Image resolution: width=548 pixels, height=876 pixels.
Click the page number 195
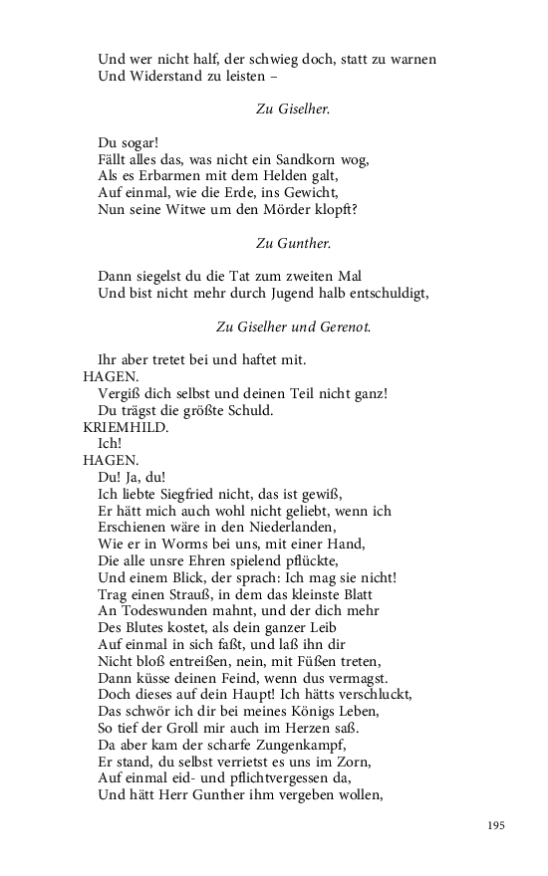(498, 826)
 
